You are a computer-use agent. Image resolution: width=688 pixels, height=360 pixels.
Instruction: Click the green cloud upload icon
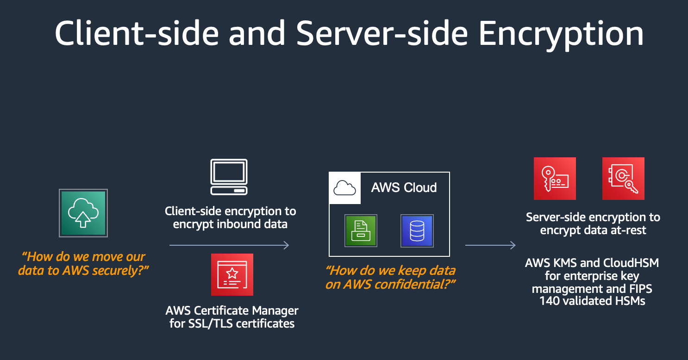pos(83,213)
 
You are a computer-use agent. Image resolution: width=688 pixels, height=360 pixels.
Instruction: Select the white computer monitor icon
pos(229,177)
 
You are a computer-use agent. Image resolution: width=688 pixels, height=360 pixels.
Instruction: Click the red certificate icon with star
pos(232,274)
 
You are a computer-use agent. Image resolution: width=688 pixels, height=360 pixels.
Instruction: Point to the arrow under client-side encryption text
pos(229,245)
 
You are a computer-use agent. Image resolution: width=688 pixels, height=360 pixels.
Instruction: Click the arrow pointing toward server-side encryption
pos(490,245)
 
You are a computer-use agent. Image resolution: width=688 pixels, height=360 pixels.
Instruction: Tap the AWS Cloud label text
pos(404,187)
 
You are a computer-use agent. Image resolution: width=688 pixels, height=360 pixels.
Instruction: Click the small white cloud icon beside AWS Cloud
pos(344,188)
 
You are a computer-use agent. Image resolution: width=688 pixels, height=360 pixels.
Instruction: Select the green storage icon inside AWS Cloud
pos(361,230)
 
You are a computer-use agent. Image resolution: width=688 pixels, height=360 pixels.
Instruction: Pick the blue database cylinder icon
pos(417,230)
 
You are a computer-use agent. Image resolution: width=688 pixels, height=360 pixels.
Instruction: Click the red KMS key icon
pos(555,179)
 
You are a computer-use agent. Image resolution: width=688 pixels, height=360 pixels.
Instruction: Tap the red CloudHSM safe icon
pos(623,179)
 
